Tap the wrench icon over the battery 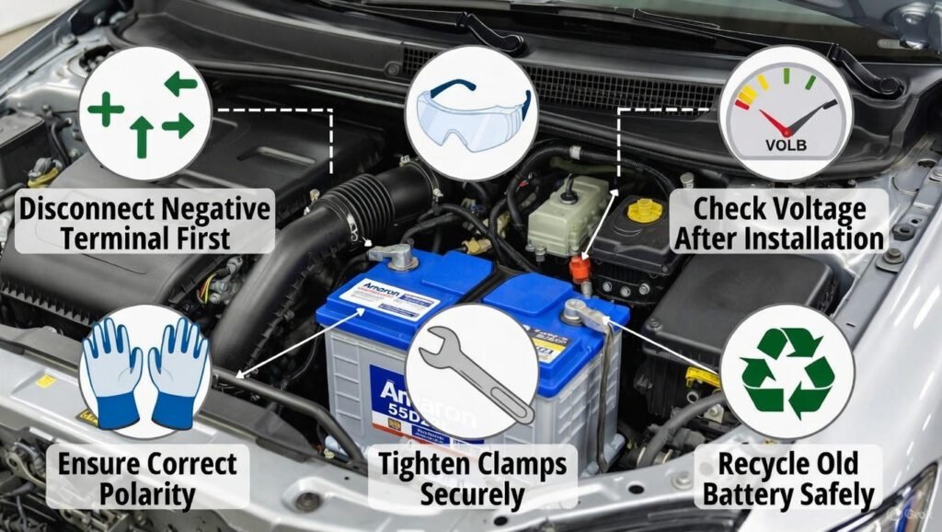[470, 368]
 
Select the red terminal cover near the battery [579, 270]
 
